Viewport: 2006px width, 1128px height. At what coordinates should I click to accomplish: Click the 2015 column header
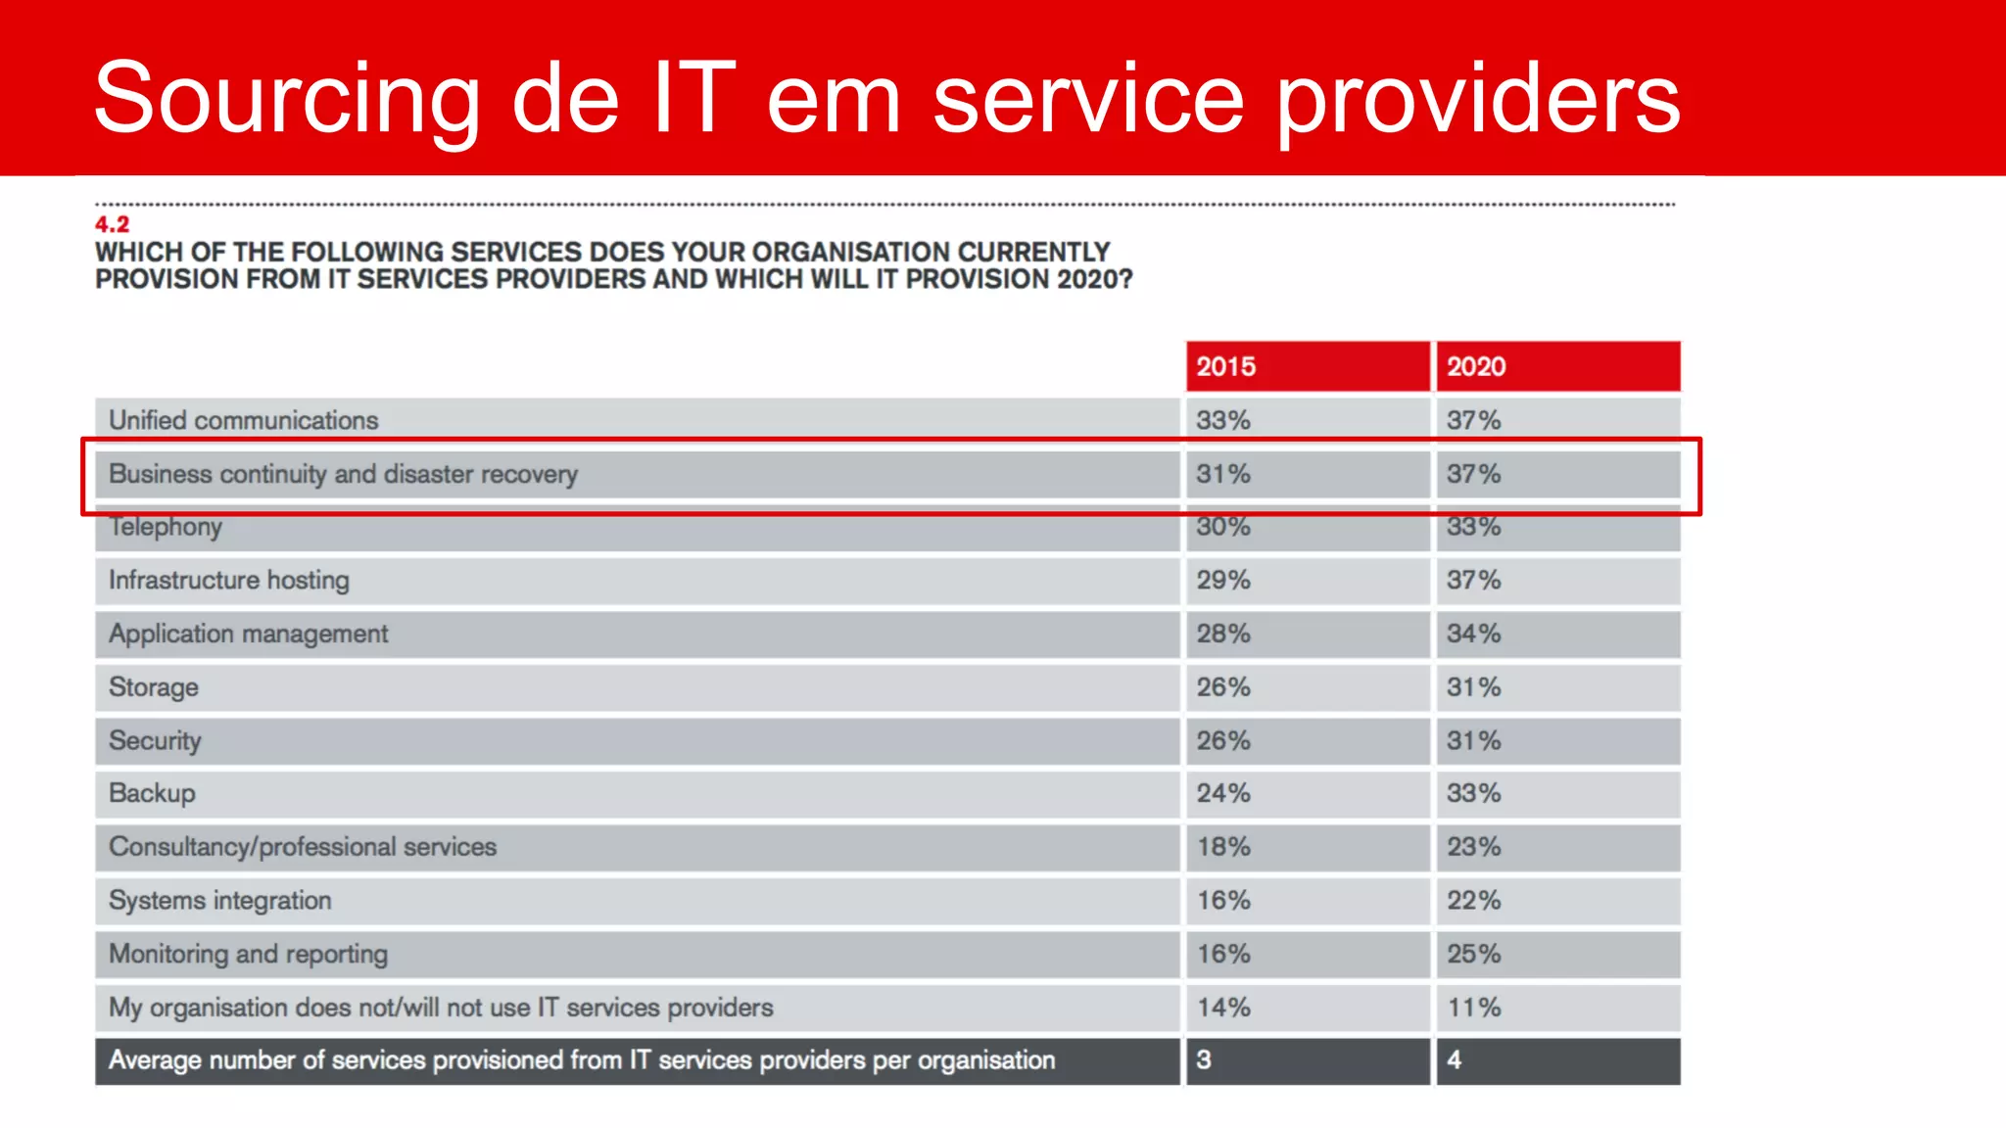pyautogui.click(x=1225, y=366)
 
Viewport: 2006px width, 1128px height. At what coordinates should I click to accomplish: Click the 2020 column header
pyautogui.click(x=1476, y=366)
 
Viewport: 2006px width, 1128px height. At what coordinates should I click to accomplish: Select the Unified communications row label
pyautogui.click(x=243, y=420)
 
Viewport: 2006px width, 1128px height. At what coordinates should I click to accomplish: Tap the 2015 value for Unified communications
pyautogui.click(x=1222, y=420)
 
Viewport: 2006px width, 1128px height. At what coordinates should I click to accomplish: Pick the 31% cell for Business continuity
pyautogui.click(x=1222, y=474)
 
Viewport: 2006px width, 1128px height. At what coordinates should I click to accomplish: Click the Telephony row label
pyautogui.click(x=166, y=527)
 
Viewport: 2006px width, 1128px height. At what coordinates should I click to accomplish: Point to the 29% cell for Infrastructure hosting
pyautogui.click(x=1222, y=580)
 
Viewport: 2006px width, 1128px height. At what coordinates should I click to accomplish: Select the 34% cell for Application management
pyautogui.click(x=1473, y=634)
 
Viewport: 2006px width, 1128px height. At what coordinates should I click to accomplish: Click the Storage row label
pyautogui.click(x=154, y=687)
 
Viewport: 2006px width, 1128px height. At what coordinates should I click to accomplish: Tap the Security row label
pyautogui.click(x=155, y=740)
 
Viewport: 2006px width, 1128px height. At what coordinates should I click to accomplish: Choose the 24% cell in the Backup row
pyautogui.click(x=1222, y=793)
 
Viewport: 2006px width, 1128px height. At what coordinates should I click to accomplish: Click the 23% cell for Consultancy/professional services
pyautogui.click(x=1473, y=847)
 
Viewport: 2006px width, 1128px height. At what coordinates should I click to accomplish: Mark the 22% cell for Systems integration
pyautogui.click(x=1473, y=900)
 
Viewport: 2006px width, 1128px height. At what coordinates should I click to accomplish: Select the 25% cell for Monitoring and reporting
pyautogui.click(x=1473, y=954)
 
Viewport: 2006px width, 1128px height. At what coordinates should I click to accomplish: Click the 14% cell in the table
pyautogui.click(x=1222, y=1007)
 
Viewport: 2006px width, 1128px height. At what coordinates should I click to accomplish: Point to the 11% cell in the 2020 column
pyautogui.click(x=1473, y=1007)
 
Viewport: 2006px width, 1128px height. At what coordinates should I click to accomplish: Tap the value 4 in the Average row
pyautogui.click(x=1455, y=1060)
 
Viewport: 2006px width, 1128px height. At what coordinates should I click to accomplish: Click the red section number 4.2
pyautogui.click(x=112, y=224)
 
